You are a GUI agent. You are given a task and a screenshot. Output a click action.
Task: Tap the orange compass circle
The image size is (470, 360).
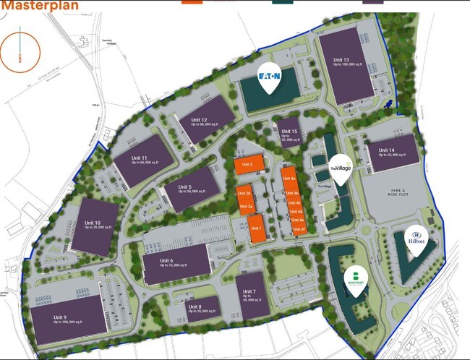click(x=20, y=51)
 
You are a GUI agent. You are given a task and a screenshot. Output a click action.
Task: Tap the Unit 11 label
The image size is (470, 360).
click(x=140, y=158)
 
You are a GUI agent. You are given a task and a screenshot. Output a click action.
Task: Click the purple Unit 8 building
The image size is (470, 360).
click(x=195, y=309)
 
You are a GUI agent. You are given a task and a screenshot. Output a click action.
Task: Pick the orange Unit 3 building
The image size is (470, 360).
click(x=247, y=165)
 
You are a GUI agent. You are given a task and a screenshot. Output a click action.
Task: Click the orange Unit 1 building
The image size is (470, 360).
click(x=255, y=228)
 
